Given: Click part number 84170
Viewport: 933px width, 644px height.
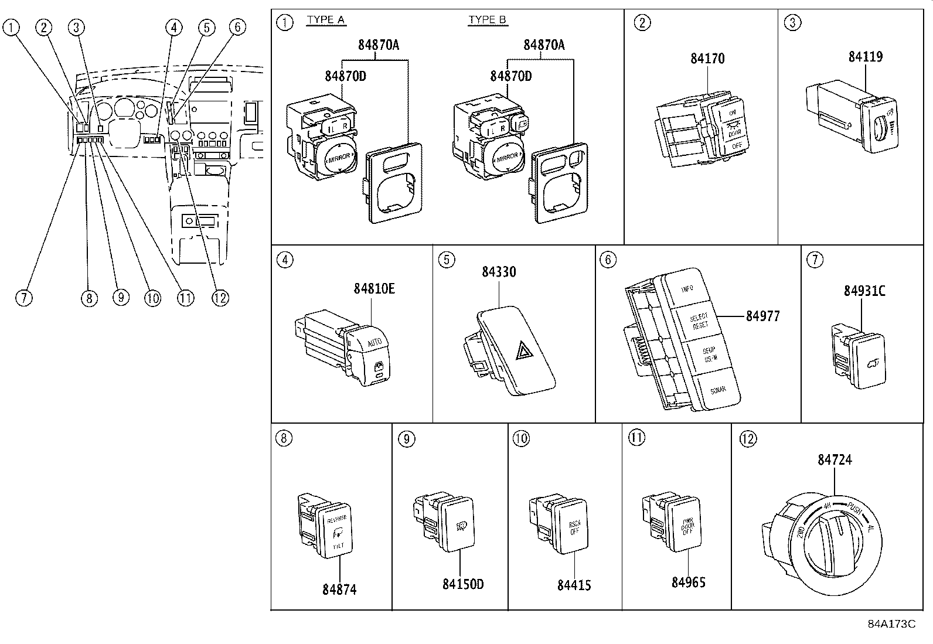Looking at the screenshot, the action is (x=707, y=59).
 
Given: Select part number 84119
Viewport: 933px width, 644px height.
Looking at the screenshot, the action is (x=866, y=57).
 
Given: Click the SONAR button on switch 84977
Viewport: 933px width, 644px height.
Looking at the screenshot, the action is (x=717, y=390).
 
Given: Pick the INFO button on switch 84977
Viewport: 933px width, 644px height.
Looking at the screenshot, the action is (x=687, y=289).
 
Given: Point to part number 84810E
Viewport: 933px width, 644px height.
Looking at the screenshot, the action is (x=374, y=289).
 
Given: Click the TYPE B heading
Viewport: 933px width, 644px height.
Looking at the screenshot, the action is (x=488, y=20).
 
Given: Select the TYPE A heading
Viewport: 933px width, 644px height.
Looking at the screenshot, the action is (x=326, y=20).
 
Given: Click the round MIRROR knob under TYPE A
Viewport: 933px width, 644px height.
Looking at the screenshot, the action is (x=339, y=157).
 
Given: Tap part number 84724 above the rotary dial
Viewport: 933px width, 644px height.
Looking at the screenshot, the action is (x=835, y=460).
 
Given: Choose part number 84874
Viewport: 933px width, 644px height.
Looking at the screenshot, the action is (x=339, y=590).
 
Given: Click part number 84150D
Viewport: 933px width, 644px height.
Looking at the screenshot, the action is (x=463, y=584).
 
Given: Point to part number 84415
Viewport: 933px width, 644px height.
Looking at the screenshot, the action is (x=574, y=585).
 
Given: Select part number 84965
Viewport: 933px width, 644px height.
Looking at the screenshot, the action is (x=689, y=582).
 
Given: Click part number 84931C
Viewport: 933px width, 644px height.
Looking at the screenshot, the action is (x=864, y=291).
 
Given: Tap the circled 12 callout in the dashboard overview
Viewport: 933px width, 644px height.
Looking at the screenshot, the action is (x=220, y=298).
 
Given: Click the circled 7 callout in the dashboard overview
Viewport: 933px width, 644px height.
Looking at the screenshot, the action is (x=23, y=298).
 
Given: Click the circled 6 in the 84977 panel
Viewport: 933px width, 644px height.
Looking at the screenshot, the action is (x=608, y=260).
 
